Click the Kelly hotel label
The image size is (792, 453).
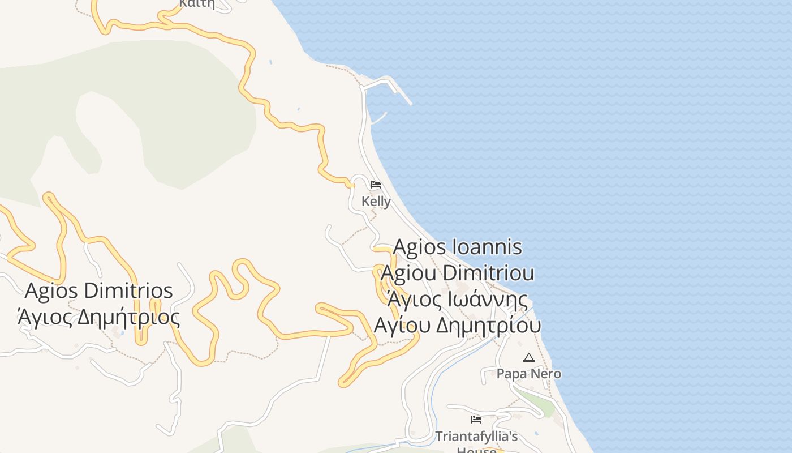376,202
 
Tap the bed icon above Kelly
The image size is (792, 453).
376,185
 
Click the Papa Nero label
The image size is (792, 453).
529,374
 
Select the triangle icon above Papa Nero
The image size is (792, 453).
529,357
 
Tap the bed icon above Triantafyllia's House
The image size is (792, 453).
476,420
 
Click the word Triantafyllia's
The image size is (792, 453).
476,437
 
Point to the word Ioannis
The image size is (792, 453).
488,247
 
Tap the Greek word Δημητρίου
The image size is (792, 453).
489,326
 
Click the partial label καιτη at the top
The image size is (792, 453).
197,3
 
